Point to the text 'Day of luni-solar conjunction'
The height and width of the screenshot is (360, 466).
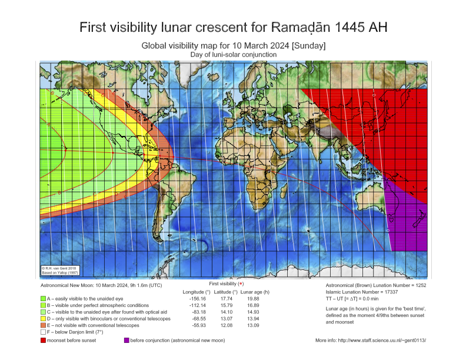pos(233,54)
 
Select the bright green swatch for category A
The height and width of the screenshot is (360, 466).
pos(44,299)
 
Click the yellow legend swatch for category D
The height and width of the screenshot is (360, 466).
pos(44,318)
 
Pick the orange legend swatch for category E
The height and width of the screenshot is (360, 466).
pos(44,325)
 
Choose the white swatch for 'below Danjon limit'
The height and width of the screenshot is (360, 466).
pos(44,332)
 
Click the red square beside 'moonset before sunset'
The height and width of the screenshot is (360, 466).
pos(44,340)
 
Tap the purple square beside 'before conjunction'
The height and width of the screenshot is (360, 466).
pos(127,340)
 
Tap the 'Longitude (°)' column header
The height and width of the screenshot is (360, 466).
pos(197,292)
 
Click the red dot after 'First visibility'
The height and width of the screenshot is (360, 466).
pos(241,284)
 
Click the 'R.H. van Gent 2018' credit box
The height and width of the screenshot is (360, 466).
pos(58,271)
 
